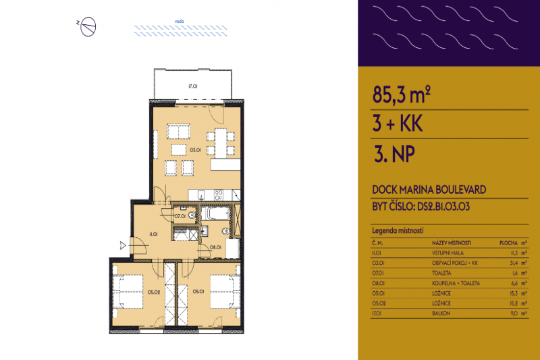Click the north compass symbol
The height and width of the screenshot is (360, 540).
(x=88, y=26)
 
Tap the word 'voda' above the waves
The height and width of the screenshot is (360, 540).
(x=161, y=21)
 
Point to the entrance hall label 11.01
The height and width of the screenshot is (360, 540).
(x=153, y=234)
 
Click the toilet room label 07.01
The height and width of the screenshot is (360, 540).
(x=180, y=216)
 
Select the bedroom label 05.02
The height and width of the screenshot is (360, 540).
(x=154, y=292)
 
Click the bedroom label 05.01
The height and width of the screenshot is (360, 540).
(x=198, y=292)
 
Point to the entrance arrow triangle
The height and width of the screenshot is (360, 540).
(x=123, y=245)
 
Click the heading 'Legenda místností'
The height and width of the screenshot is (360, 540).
(x=398, y=231)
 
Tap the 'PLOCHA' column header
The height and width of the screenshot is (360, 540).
(x=509, y=242)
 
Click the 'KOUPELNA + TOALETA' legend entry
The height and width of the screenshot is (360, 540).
(x=456, y=283)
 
